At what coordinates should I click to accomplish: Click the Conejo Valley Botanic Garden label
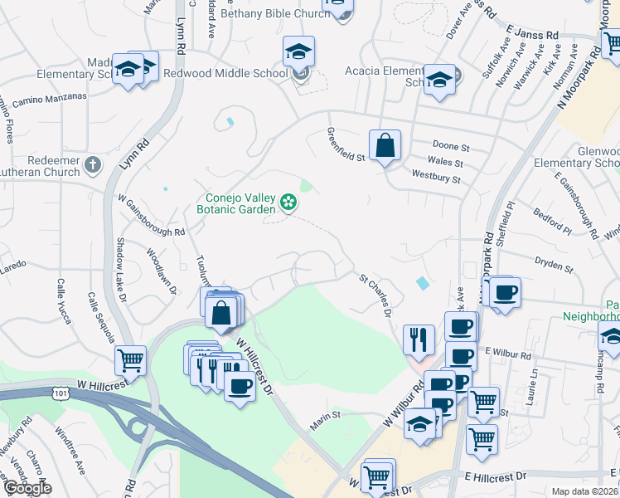(235, 203)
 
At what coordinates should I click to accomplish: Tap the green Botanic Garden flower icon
(288, 202)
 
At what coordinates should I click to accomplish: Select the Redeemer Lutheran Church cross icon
(92, 164)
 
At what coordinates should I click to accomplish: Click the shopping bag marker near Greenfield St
(385, 147)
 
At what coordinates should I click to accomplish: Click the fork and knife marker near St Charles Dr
(419, 340)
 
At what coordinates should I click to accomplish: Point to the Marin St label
(325, 414)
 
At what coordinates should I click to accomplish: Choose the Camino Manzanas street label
(50, 97)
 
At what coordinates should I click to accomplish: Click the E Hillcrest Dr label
(496, 476)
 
